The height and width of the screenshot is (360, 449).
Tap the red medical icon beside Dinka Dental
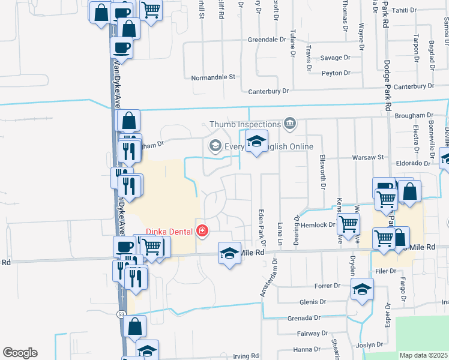coord(202,230)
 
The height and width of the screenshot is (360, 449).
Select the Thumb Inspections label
coord(245,124)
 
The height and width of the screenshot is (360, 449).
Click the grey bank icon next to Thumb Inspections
coord(290,124)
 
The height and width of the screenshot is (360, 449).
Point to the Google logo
coord(20,353)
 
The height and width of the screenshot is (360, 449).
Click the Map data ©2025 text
coord(424,355)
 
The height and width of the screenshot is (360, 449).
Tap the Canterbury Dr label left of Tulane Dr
coord(269,91)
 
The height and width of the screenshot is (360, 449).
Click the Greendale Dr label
coord(267,40)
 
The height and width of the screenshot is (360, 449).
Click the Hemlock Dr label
coord(321,225)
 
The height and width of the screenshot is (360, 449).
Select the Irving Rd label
coord(246,356)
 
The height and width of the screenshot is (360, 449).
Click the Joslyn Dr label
coord(369,345)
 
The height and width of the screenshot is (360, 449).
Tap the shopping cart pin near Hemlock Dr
coord(348,224)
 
